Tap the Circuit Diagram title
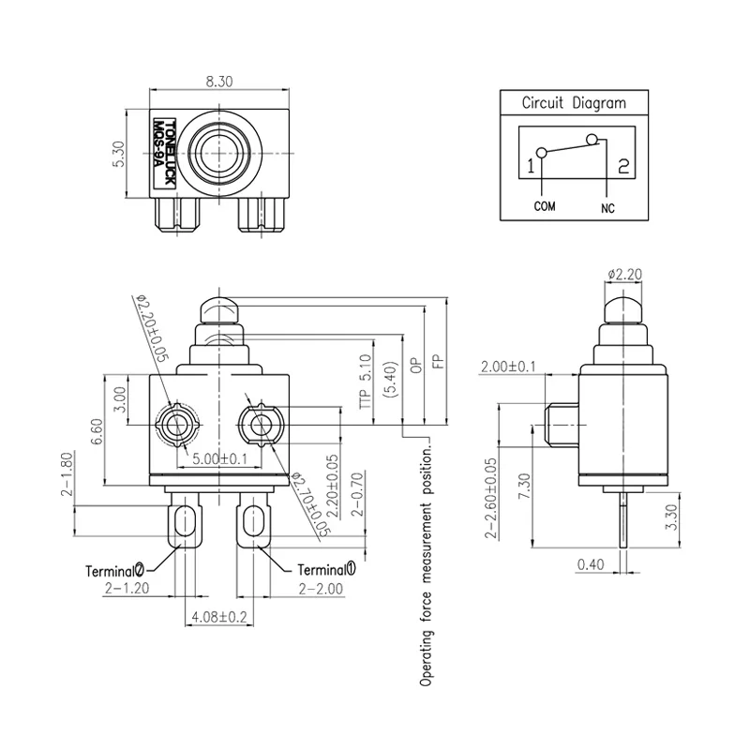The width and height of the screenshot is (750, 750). pyautogui.click(x=573, y=103)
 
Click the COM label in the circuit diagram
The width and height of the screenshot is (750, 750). pyautogui.click(x=546, y=205)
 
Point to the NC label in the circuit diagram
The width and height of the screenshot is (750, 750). pyautogui.click(x=607, y=206)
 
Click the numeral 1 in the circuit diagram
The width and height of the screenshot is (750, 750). pyautogui.click(x=531, y=167)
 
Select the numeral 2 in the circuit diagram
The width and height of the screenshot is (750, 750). pyautogui.click(x=621, y=167)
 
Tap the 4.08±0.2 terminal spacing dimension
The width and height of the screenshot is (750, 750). pyautogui.click(x=218, y=618)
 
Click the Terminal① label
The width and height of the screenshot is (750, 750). pyautogui.click(x=326, y=568)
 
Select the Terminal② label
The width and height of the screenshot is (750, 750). pyautogui.click(x=114, y=568)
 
